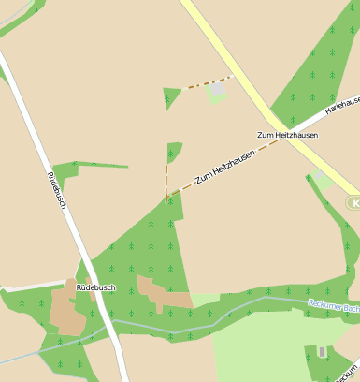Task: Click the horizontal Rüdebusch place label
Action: pyautogui.click(x=95, y=287)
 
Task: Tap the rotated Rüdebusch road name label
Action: pyautogui.click(x=57, y=190)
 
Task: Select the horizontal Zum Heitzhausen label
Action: pyautogui.click(x=287, y=136)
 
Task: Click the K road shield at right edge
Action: pyautogui.click(x=353, y=202)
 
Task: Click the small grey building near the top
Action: pyautogui.click(x=218, y=88)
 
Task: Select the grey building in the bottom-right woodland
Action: pyautogui.click(x=323, y=352)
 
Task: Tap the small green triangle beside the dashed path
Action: pyautogui.click(x=171, y=96)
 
